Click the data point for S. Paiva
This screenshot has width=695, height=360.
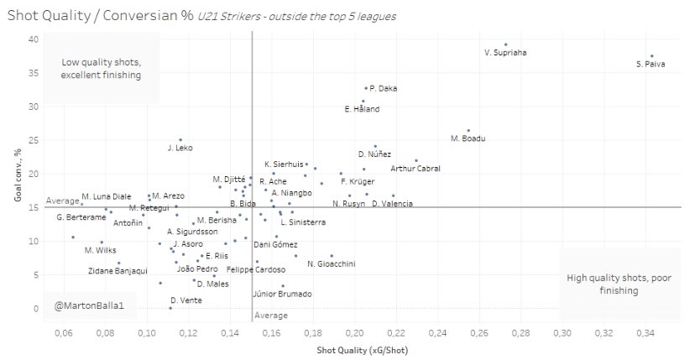[x=651, y=56]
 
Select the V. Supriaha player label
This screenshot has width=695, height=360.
[x=506, y=53]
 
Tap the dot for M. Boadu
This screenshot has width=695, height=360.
[x=468, y=131]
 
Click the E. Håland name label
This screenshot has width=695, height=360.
[x=363, y=109]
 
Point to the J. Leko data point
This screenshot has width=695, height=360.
[x=180, y=140]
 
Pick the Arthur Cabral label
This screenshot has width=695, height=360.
[x=415, y=169]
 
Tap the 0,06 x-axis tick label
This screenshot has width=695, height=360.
[x=62, y=334]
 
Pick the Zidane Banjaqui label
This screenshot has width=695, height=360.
[x=118, y=271]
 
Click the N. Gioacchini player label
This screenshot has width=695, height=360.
[x=331, y=264]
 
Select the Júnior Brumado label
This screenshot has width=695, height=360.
[x=282, y=294]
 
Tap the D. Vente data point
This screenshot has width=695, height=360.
[x=170, y=308]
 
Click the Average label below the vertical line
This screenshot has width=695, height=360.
[x=271, y=316]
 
